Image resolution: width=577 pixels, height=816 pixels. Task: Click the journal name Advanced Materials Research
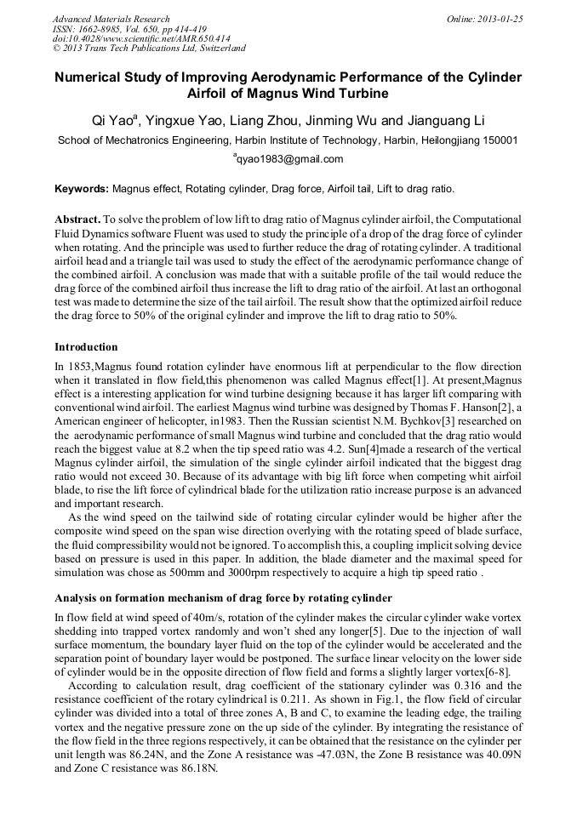(x=111, y=19)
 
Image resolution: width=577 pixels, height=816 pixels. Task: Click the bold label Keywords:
(x=82, y=189)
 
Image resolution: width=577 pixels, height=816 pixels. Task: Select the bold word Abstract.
(x=78, y=219)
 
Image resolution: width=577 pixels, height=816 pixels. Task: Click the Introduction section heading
(x=86, y=347)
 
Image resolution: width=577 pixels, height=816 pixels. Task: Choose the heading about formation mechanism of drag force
(x=223, y=597)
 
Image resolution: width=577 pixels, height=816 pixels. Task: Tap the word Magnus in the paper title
(x=249, y=93)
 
